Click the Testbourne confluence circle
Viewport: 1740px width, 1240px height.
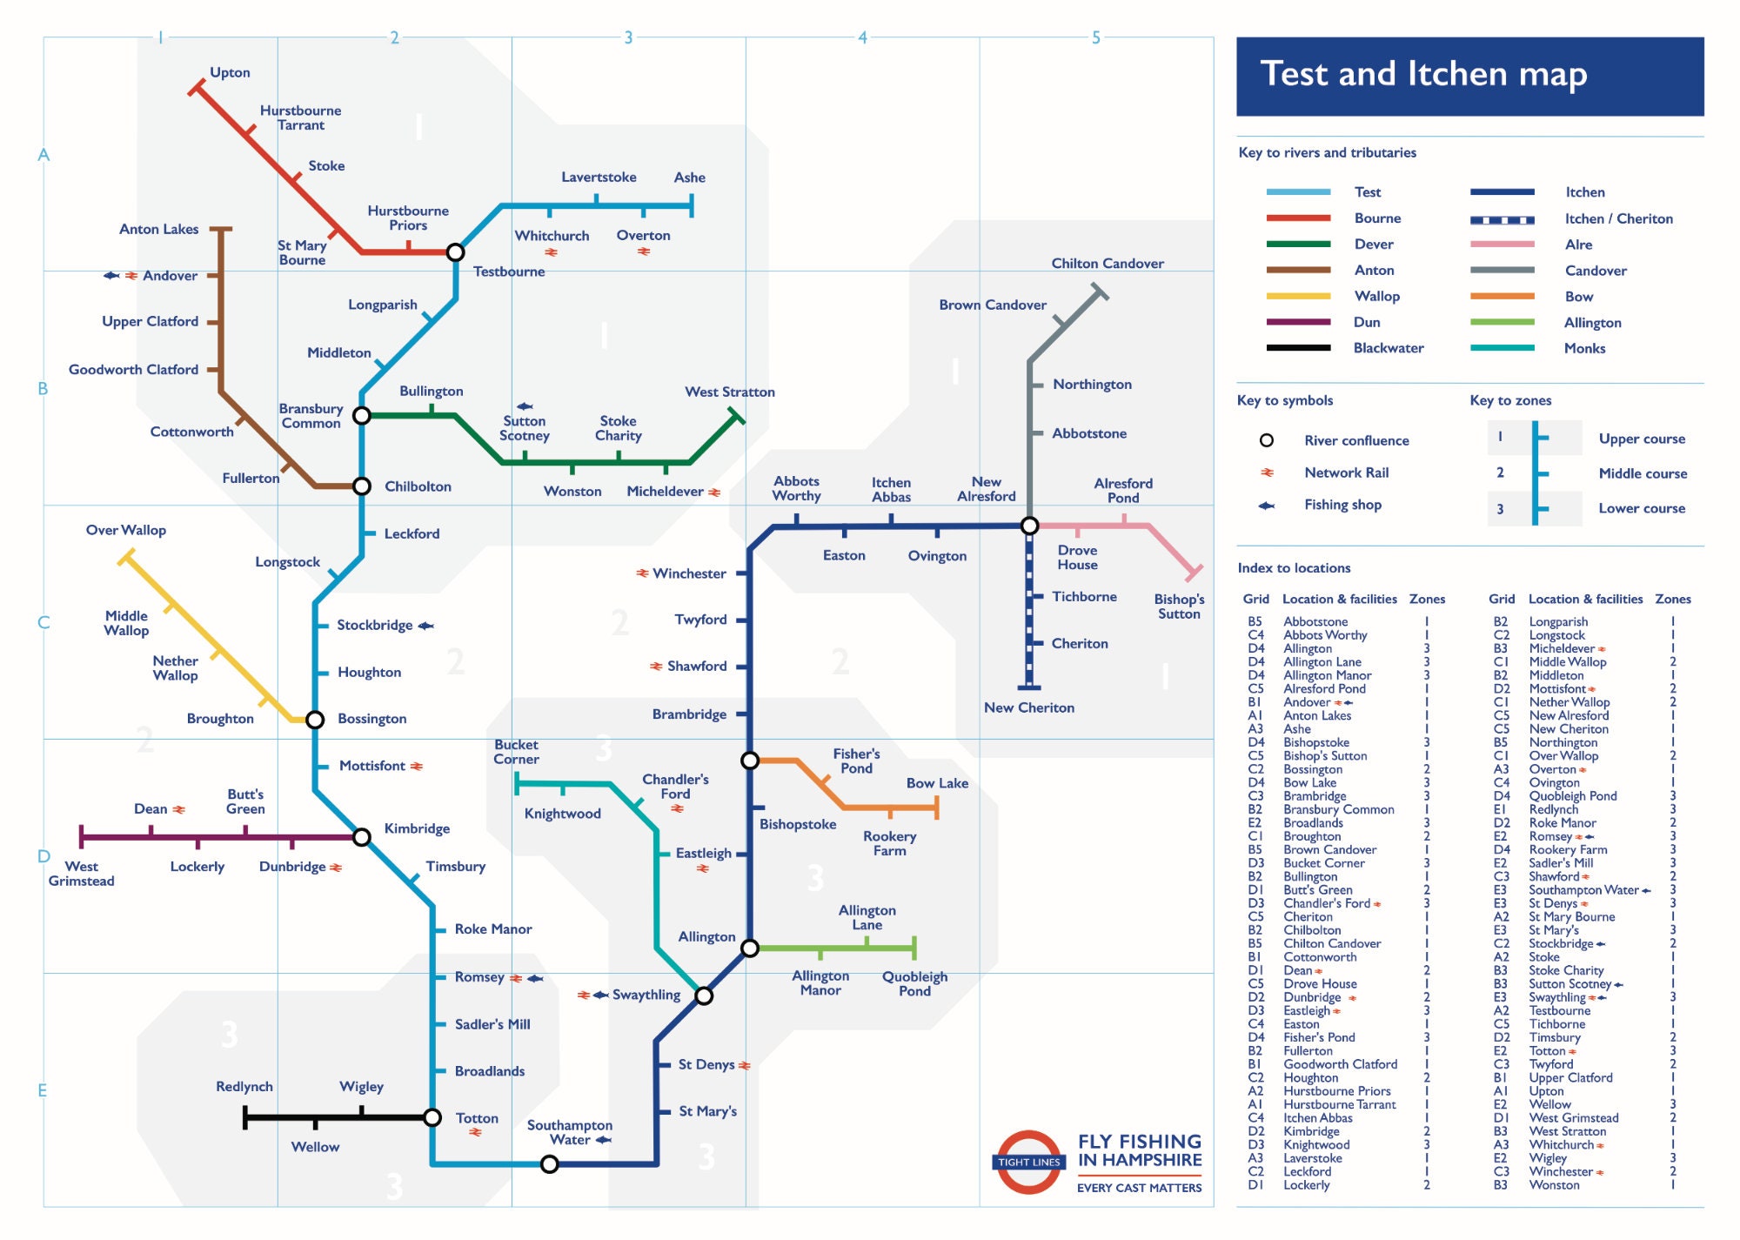tap(455, 252)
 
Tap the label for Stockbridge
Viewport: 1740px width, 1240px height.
tap(374, 625)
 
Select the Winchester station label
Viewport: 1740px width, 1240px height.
tap(689, 573)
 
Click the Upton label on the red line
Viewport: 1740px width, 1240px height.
tap(230, 72)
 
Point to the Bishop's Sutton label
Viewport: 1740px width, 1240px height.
tap(1179, 607)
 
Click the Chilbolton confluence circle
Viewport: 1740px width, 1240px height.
tap(362, 486)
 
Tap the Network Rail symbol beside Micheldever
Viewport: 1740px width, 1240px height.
tap(714, 493)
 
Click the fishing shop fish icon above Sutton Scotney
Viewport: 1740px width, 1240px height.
tap(525, 406)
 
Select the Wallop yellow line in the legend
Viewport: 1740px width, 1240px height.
tap(1298, 296)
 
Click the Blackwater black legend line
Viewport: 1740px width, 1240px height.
tap(1298, 348)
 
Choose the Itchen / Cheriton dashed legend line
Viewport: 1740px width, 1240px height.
tap(1502, 219)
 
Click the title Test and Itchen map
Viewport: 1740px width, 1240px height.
tap(1423, 74)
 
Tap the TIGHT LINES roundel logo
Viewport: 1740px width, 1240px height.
tap(1029, 1162)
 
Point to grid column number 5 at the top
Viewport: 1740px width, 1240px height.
tap(1095, 37)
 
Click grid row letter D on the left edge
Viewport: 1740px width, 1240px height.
tap(43, 856)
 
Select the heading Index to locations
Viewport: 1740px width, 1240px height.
tap(1294, 568)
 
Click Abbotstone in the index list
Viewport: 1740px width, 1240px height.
tap(1315, 621)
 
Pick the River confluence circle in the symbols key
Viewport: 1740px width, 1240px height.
tap(1267, 440)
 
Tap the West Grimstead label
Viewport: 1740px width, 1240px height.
tap(81, 874)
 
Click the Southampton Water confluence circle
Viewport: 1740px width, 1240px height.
tap(549, 1164)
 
